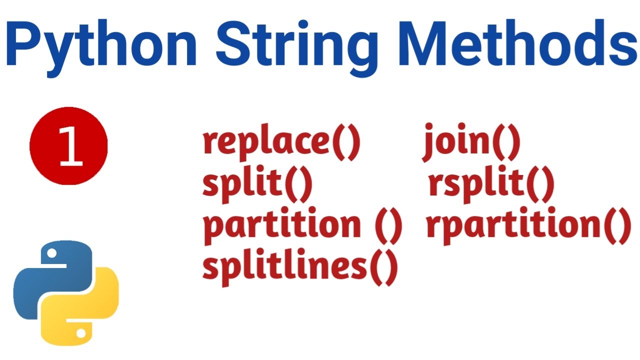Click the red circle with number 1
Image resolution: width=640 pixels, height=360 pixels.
coord(69,145)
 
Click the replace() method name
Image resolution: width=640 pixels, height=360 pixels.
coord(281,143)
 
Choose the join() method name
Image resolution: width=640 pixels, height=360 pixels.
coord(471,143)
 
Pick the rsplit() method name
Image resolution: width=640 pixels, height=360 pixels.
coord(491,184)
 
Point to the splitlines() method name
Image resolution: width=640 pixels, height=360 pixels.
coord(300,267)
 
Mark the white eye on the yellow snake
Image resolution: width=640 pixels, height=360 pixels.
coord(80,331)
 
